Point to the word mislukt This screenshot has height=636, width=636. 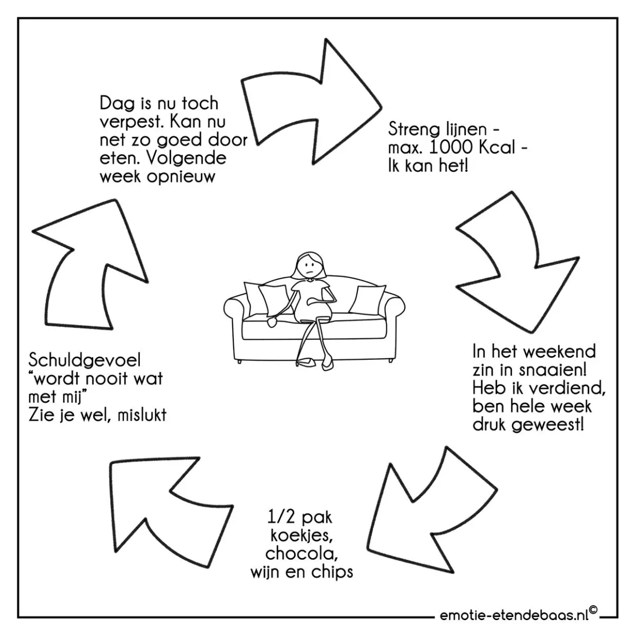[142, 416]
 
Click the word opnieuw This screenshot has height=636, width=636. [181, 178]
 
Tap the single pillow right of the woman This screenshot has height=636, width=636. [367, 300]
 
